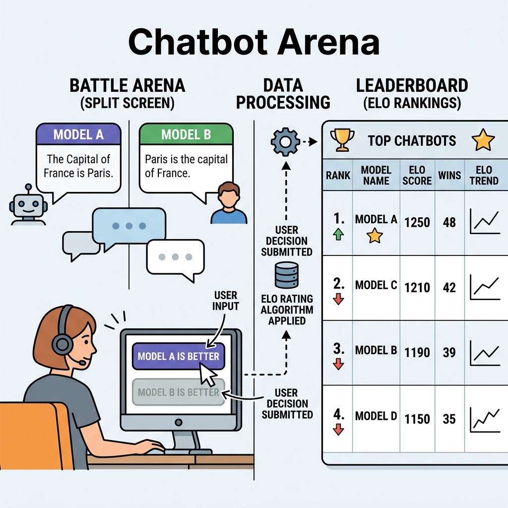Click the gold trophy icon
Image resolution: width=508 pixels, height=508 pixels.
(x=342, y=140)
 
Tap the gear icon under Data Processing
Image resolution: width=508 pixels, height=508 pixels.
(x=285, y=142)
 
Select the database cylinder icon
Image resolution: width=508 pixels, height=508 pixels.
(x=286, y=275)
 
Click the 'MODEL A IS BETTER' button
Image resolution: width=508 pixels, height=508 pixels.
(x=179, y=356)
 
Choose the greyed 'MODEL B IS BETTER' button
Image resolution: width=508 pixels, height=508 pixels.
(x=179, y=392)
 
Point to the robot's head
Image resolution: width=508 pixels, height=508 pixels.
(x=28, y=205)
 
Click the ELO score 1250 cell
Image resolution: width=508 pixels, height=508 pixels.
(x=417, y=223)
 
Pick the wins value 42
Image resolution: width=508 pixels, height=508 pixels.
(x=449, y=287)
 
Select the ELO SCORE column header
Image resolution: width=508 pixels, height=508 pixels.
(x=417, y=175)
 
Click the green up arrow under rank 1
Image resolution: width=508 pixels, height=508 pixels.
(x=338, y=234)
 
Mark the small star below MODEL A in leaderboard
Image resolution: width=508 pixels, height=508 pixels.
(x=375, y=236)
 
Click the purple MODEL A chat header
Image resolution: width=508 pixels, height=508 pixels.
(x=78, y=134)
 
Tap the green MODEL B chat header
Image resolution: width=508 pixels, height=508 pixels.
(x=186, y=134)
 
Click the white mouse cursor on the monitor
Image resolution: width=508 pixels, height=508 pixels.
(x=208, y=374)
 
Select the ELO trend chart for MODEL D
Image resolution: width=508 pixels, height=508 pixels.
(x=485, y=420)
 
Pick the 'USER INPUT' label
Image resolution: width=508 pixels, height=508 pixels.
(x=226, y=301)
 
